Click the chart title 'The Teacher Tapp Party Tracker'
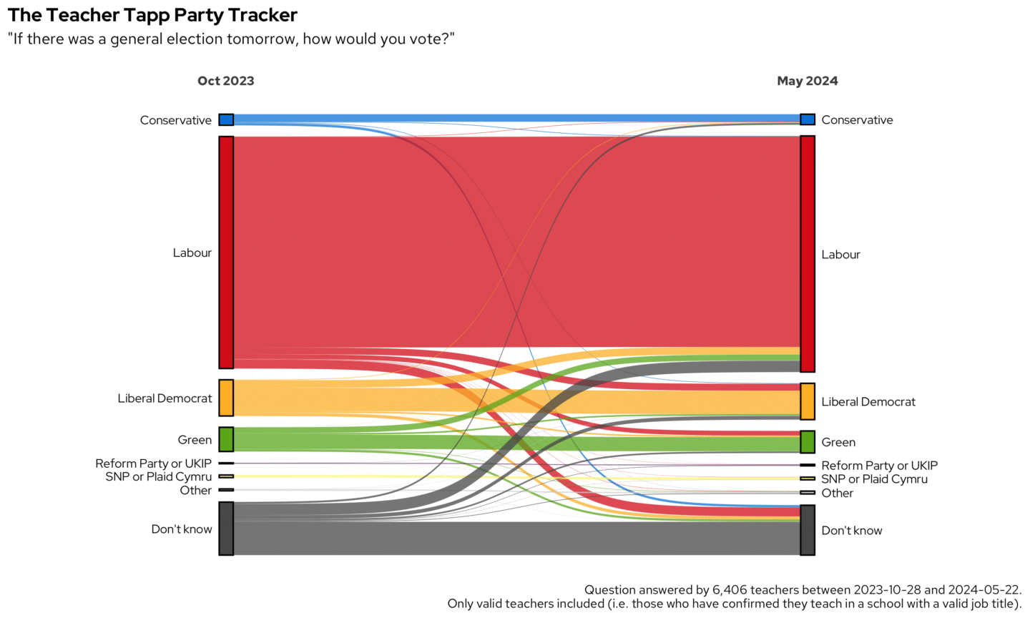(x=152, y=15)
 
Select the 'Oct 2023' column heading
(x=225, y=81)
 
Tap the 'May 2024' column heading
(x=807, y=81)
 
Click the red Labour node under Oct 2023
(x=226, y=252)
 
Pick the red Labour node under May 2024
(x=807, y=254)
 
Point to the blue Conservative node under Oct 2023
(x=226, y=119)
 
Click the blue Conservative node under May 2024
(x=807, y=119)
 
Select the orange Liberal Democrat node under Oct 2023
(x=226, y=398)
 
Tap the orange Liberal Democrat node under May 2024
(x=807, y=401)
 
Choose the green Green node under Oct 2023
(x=226, y=439)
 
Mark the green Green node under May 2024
(x=807, y=442)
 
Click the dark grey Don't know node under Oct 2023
(x=226, y=529)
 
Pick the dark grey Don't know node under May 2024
(x=807, y=530)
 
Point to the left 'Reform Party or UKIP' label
(x=153, y=463)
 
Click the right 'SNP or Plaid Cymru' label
(x=874, y=479)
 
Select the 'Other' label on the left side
(x=195, y=490)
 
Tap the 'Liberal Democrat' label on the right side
(x=868, y=402)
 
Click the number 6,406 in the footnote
(x=730, y=590)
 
